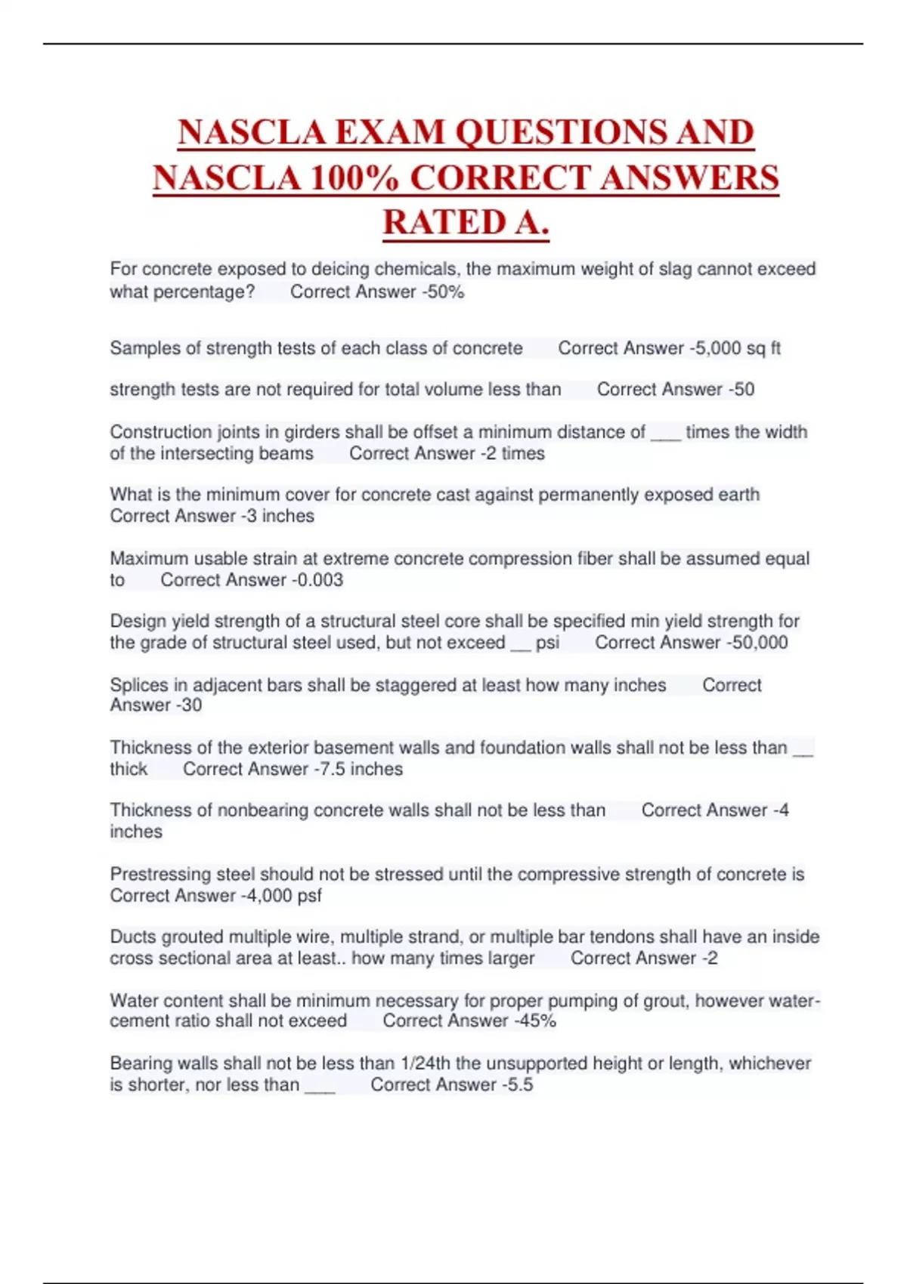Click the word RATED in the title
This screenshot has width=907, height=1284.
(444, 223)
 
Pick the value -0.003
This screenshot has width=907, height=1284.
(317, 580)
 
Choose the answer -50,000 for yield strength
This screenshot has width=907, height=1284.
(757, 643)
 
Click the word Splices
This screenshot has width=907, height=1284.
(139, 685)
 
